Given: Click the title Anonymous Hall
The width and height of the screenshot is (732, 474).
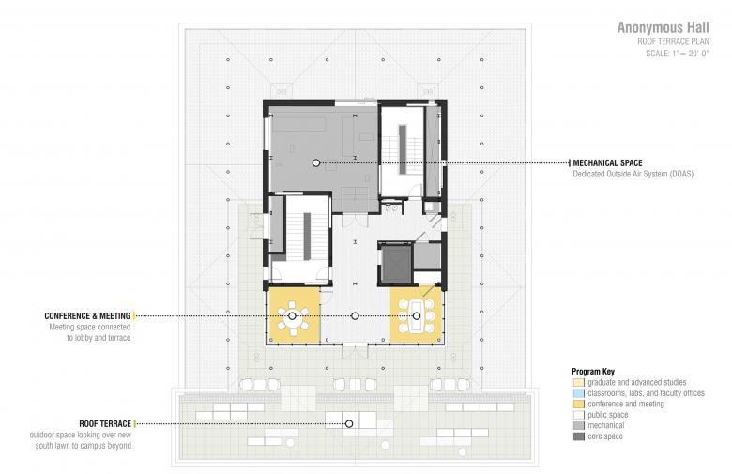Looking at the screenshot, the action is [x=663, y=27].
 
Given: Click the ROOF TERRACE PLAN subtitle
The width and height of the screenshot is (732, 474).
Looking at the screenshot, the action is [x=673, y=41].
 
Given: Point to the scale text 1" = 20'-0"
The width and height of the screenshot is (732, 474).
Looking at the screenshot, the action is [x=689, y=54].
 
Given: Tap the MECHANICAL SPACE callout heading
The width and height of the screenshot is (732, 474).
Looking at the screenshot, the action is [x=607, y=163].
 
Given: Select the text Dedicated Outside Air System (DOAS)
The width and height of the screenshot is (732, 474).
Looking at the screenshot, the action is [x=633, y=174].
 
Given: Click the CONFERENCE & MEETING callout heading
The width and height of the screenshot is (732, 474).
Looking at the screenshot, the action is [x=87, y=316].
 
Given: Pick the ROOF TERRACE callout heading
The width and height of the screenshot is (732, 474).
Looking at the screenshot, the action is [x=105, y=424].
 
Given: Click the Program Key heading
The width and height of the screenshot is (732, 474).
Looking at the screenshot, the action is [x=593, y=372].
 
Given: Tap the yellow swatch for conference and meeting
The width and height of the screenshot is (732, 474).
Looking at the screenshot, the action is [x=579, y=404].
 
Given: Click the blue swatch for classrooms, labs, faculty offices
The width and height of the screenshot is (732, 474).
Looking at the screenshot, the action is [x=579, y=393].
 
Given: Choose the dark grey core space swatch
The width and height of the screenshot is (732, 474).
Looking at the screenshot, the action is [x=579, y=436].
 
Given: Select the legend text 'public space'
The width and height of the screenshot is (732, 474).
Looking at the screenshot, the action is [x=608, y=415].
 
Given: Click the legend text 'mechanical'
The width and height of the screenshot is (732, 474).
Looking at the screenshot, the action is [x=606, y=425].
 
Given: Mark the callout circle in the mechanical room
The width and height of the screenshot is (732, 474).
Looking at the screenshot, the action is [x=316, y=163].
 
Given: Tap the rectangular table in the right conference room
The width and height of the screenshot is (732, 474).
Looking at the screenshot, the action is [x=416, y=316].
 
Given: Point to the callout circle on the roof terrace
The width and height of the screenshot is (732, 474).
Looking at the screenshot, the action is [x=349, y=424].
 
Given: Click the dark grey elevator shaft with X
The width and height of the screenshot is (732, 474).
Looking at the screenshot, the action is [x=395, y=264].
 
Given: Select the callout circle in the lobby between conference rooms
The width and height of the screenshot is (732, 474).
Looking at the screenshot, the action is [x=355, y=316].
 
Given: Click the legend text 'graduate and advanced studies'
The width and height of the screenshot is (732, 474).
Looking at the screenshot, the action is [x=637, y=382].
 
